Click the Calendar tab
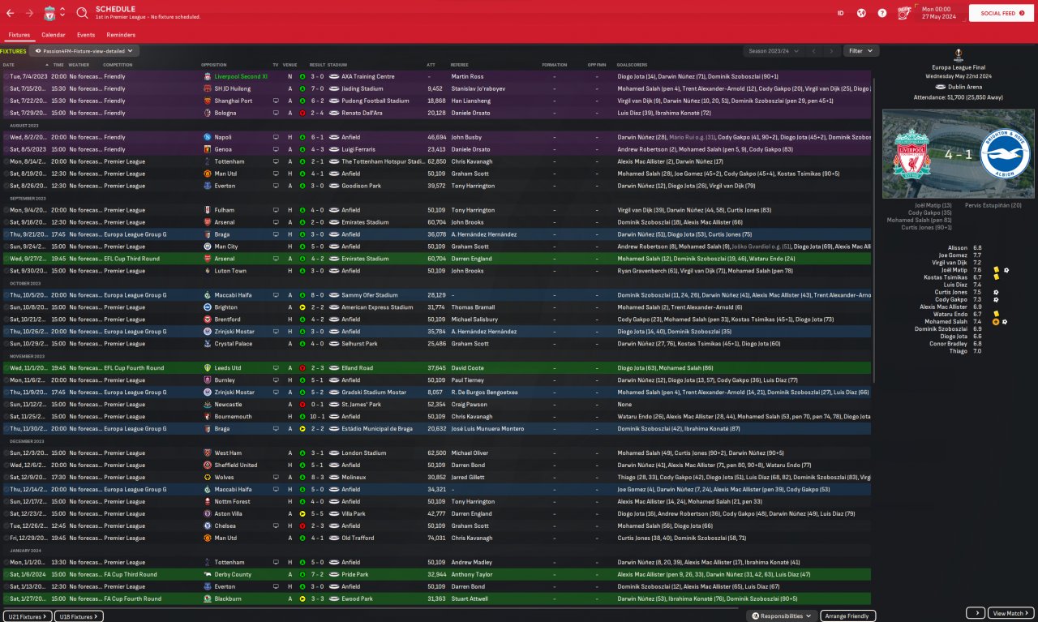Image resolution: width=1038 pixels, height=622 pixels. [54, 35]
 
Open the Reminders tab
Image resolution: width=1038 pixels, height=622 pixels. [121, 35]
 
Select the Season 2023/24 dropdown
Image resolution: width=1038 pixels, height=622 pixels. [771, 51]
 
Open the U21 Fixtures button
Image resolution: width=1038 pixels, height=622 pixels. [28, 616]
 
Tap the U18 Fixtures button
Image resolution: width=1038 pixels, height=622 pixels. [79, 616]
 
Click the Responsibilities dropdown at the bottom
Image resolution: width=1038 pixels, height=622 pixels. [782, 616]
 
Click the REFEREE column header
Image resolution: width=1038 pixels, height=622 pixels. [460, 65]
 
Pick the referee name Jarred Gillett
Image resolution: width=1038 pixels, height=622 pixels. [469, 478]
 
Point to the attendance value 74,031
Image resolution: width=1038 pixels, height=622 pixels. [436, 538]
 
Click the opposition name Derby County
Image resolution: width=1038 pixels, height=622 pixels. [233, 575]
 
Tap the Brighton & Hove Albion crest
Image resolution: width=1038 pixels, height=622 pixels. [1005, 155]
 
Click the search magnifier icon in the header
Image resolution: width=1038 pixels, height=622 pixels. [82, 13]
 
